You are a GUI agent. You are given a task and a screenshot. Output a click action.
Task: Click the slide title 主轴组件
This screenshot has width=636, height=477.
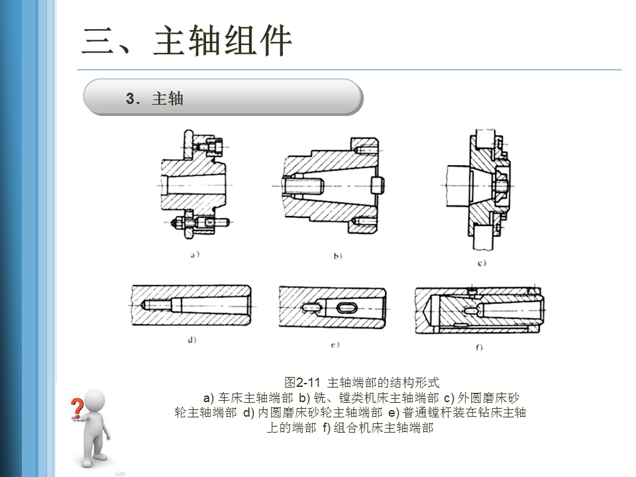tap(223, 40)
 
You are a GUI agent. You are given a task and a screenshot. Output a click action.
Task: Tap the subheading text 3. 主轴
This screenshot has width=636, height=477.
tap(154, 99)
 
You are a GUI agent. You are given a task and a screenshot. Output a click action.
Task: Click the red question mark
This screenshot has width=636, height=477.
tap(76, 408)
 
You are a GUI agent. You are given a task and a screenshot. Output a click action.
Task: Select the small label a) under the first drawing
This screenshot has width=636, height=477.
tap(195, 254)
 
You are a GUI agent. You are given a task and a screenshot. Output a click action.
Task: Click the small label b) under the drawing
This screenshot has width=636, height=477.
tap(338, 256)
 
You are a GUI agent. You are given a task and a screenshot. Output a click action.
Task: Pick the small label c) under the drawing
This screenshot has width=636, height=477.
tap(482, 263)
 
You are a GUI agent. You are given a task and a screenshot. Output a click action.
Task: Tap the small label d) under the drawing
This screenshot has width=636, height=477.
tap(192, 340)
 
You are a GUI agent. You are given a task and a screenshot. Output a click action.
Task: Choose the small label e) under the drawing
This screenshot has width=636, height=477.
tap(335, 344)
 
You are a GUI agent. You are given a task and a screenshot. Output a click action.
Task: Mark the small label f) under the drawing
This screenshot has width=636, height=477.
tap(480, 347)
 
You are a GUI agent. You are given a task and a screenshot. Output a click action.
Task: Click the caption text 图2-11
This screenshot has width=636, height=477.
tap(303, 382)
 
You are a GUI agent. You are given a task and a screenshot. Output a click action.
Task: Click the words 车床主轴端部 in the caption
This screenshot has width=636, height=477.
tap(255, 397)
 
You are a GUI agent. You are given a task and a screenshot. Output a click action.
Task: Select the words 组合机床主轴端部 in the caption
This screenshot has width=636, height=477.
tap(384, 427)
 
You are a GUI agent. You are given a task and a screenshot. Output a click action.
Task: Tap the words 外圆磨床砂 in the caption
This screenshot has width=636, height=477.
tap(488, 397)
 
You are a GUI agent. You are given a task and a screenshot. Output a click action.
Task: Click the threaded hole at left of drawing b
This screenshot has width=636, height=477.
tap(303, 186)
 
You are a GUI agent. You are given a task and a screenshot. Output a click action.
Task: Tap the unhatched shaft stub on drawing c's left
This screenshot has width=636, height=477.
tap(458, 186)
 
